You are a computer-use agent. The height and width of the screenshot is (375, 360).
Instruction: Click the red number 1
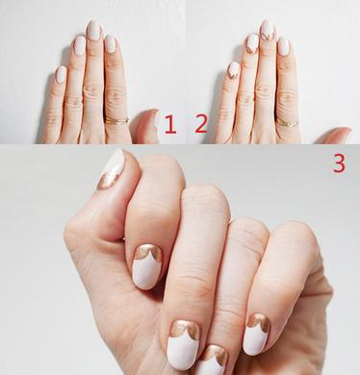[170, 124]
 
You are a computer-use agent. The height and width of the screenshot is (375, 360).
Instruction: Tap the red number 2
[201, 124]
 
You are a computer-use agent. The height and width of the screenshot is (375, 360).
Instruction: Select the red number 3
[340, 163]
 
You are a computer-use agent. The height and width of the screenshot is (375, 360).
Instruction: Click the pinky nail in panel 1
[61, 74]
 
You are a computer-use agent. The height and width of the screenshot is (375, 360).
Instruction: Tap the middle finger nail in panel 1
[93, 31]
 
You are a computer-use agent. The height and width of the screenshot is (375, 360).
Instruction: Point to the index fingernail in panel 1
[110, 44]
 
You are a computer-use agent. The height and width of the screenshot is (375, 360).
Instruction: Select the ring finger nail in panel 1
[80, 45]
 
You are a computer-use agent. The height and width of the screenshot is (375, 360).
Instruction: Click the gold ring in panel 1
[116, 120]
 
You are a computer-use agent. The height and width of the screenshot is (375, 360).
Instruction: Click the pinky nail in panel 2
[234, 70]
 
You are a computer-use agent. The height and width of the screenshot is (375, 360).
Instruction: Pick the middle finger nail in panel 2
[268, 31]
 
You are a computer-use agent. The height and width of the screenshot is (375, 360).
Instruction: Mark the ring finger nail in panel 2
[252, 43]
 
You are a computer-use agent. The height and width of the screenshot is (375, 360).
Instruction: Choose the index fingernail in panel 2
[283, 46]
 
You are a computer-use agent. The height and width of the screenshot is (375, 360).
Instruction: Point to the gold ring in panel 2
[288, 124]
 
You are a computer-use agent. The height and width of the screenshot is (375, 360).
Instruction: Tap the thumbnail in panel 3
[112, 170]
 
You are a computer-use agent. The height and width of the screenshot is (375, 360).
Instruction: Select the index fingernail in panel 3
[147, 266]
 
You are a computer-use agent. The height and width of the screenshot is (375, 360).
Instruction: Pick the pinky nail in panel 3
[257, 335]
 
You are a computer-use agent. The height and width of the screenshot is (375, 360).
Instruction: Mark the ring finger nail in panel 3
[212, 361]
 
